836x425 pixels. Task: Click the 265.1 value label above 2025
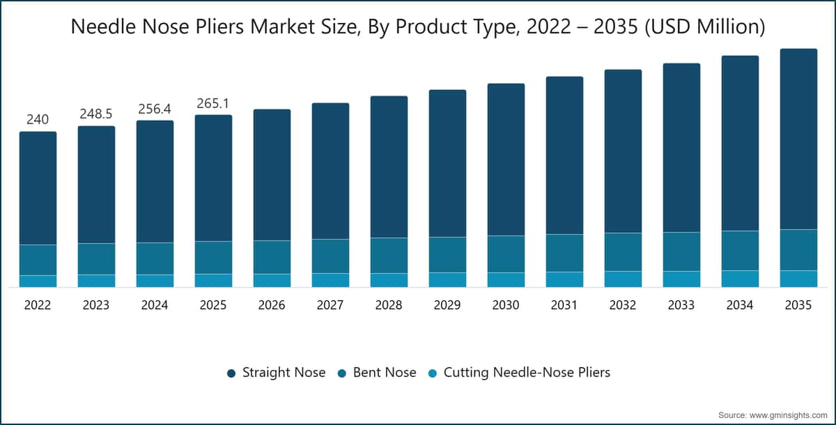coord(213,103)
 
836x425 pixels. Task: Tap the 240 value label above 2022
coord(38,119)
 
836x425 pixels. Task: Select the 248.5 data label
coord(96,114)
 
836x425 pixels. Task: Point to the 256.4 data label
coord(155,109)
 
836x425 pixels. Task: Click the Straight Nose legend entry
coord(276,372)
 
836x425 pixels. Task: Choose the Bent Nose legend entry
coord(377,372)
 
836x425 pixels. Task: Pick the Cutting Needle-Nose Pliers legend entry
coord(520,372)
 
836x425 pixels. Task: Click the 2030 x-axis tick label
coord(506,305)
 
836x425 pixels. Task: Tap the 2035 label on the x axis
coord(798,305)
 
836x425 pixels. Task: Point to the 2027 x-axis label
coord(330,305)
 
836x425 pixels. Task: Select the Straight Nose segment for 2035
coord(798,139)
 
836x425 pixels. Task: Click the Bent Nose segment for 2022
coord(38,260)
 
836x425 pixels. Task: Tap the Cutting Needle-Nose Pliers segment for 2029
coord(447,280)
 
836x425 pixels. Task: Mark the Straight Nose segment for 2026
coord(272,175)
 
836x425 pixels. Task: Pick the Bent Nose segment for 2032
coord(624,252)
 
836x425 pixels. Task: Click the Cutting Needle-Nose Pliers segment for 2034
coord(740,279)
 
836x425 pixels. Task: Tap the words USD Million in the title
coord(704,26)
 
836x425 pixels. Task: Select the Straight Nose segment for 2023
coord(96,185)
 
